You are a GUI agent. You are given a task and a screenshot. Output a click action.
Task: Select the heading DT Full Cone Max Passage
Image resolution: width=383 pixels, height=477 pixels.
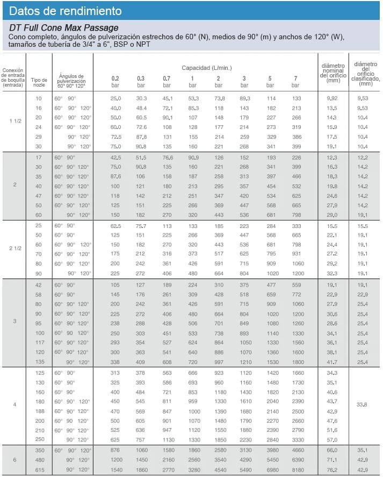coord(64,28)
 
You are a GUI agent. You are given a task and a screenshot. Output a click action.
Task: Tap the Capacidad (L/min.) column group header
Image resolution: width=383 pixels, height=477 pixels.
coord(206,67)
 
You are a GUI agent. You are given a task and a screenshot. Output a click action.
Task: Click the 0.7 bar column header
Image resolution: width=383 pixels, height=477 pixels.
coord(167,82)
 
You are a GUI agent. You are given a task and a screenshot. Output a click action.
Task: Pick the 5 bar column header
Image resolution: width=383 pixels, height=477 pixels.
coord(270,82)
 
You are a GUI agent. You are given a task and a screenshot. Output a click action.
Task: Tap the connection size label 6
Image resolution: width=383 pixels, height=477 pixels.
coord(15,460)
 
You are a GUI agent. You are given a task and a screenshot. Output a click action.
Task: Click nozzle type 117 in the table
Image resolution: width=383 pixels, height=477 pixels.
coord(38,342)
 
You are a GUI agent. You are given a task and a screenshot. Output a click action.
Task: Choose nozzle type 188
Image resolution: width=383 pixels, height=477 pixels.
coord(38,411)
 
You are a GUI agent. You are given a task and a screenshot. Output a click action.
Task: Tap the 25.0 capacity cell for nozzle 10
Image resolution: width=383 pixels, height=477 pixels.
coord(115,98)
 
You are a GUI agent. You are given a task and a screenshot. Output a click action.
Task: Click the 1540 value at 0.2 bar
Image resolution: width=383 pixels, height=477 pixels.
coord(115,470)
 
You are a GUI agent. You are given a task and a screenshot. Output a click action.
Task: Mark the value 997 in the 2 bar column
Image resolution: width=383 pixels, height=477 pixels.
coord(219,362)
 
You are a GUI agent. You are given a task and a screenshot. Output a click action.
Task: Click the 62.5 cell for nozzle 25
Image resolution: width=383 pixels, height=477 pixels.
coord(115,226)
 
